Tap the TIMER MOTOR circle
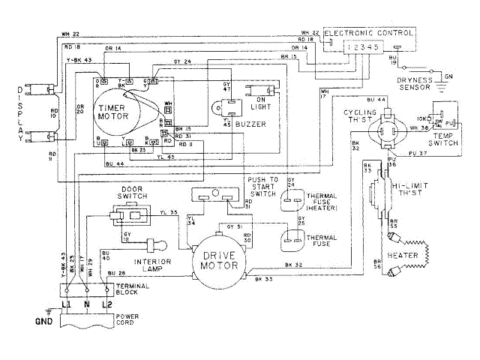pyautogui.click(x=115, y=112)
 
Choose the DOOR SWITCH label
pyautogui.click(x=129, y=193)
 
